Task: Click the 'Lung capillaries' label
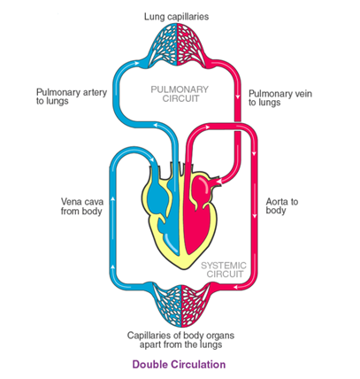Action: (176, 17)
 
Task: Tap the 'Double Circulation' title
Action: (179, 364)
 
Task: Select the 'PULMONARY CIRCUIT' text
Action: (180, 94)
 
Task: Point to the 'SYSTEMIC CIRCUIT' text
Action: (224, 269)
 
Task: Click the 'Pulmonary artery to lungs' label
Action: (72, 97)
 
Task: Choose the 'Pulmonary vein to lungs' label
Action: (280, 98)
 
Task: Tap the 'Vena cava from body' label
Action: (82, 206)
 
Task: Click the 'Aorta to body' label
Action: (282, 206)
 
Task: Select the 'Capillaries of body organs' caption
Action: (180, 336)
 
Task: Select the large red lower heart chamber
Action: (193, 228)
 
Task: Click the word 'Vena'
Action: (70, 202)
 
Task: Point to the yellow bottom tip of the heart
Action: (185, 268)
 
